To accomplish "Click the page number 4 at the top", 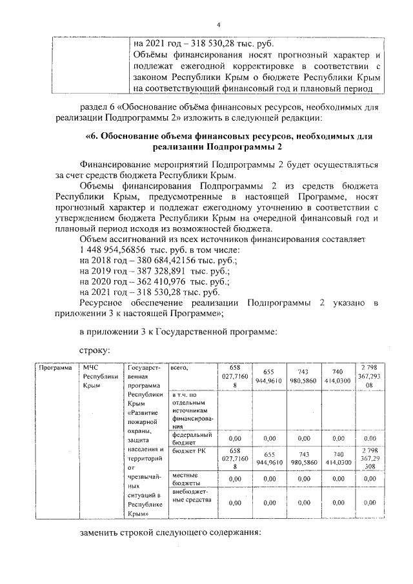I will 218,25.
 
